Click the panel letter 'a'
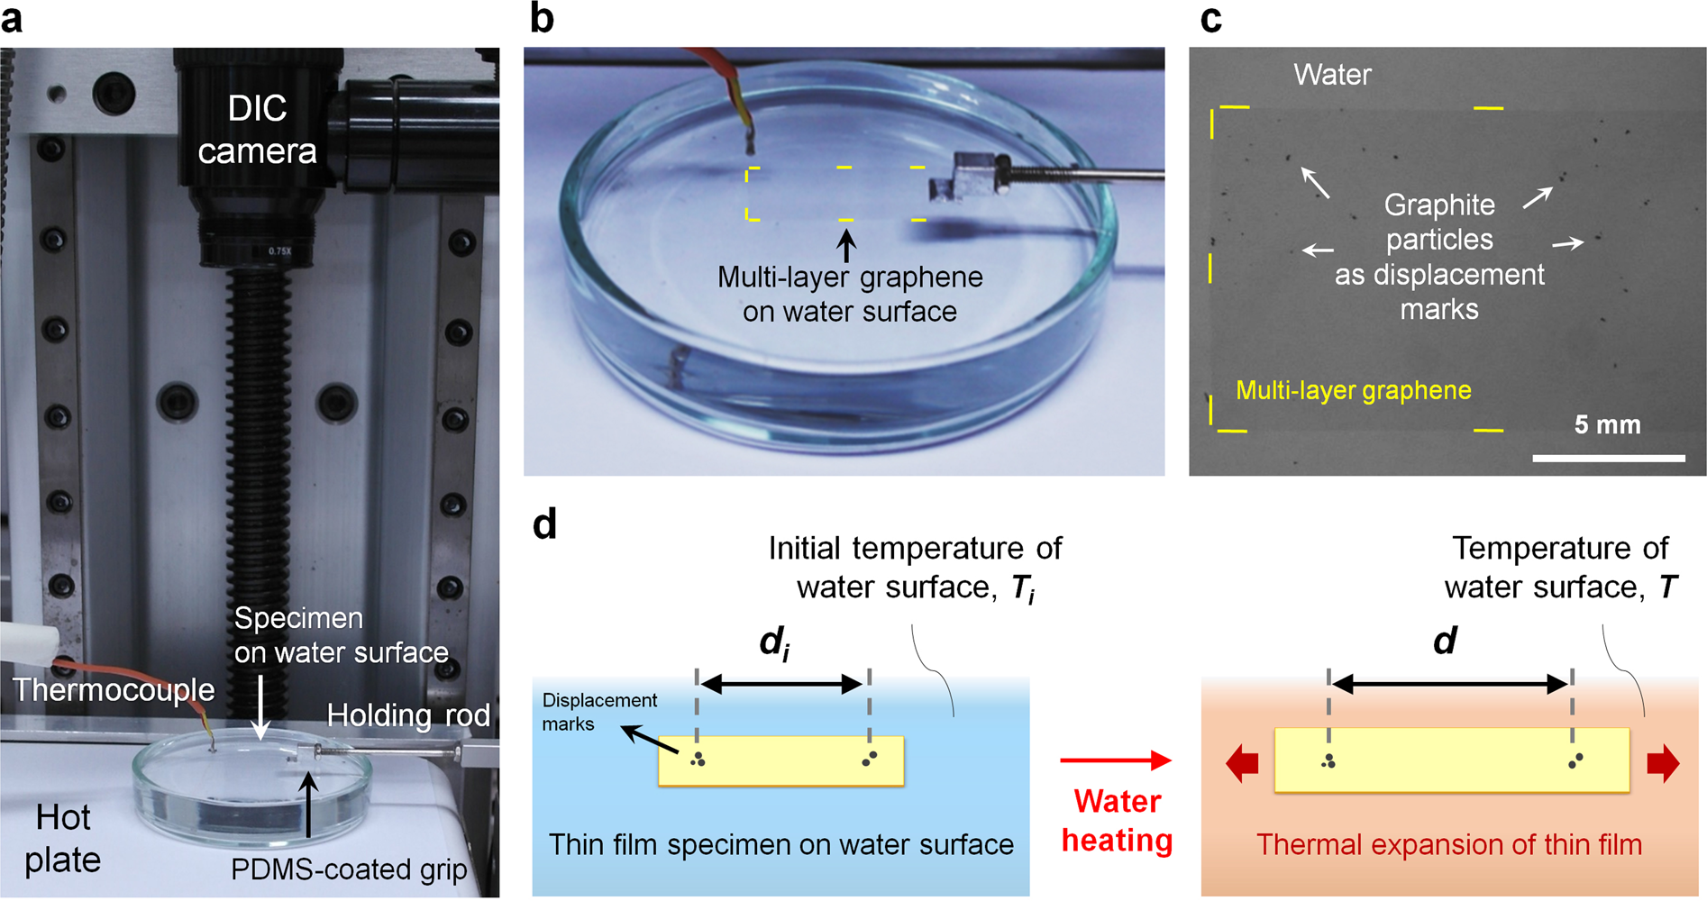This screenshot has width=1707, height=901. (x=13, y=18)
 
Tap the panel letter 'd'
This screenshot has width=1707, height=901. (x=544, y=523)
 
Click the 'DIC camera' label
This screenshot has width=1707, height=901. (x=257, y=130)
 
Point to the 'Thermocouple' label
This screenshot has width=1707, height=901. (x=114, y=690)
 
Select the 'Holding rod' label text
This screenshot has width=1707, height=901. (x=407, y=715)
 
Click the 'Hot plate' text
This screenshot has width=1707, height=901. (x=62, y=838)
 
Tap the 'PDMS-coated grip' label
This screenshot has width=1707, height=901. (x=349, y=869)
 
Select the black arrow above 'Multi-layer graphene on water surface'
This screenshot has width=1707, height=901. (x=845, y=246)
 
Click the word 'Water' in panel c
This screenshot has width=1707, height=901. (x=1332, y=74)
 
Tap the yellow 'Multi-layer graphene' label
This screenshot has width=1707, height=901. (x=1353, y=390)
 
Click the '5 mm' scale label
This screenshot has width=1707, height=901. (x=1607, y=424)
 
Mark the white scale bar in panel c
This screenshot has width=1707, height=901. (x=1608, y=459)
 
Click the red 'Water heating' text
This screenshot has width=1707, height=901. (x=1117, y=820)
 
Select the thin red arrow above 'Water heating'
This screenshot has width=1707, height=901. (x=1115, y=761)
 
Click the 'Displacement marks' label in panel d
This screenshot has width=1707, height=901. (x=599, y=712)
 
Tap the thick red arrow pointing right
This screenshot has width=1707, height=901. (x=1664, y=763)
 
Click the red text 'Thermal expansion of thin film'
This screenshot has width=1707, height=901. (x=1448, y=844)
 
